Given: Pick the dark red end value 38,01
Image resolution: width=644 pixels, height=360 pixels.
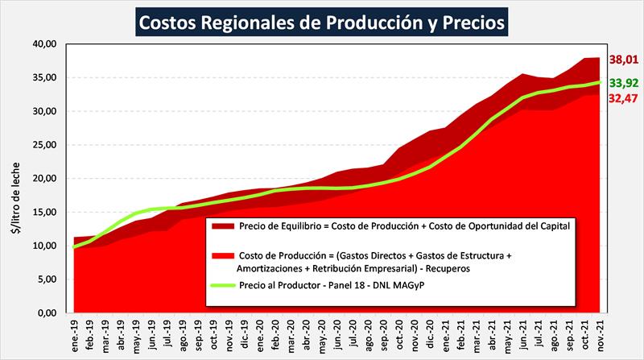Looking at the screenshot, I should tap(624, 59).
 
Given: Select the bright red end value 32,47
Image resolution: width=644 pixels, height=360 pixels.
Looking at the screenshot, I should tap(624, 98).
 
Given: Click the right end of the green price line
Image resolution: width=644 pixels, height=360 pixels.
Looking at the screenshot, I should tap(600, 82).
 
